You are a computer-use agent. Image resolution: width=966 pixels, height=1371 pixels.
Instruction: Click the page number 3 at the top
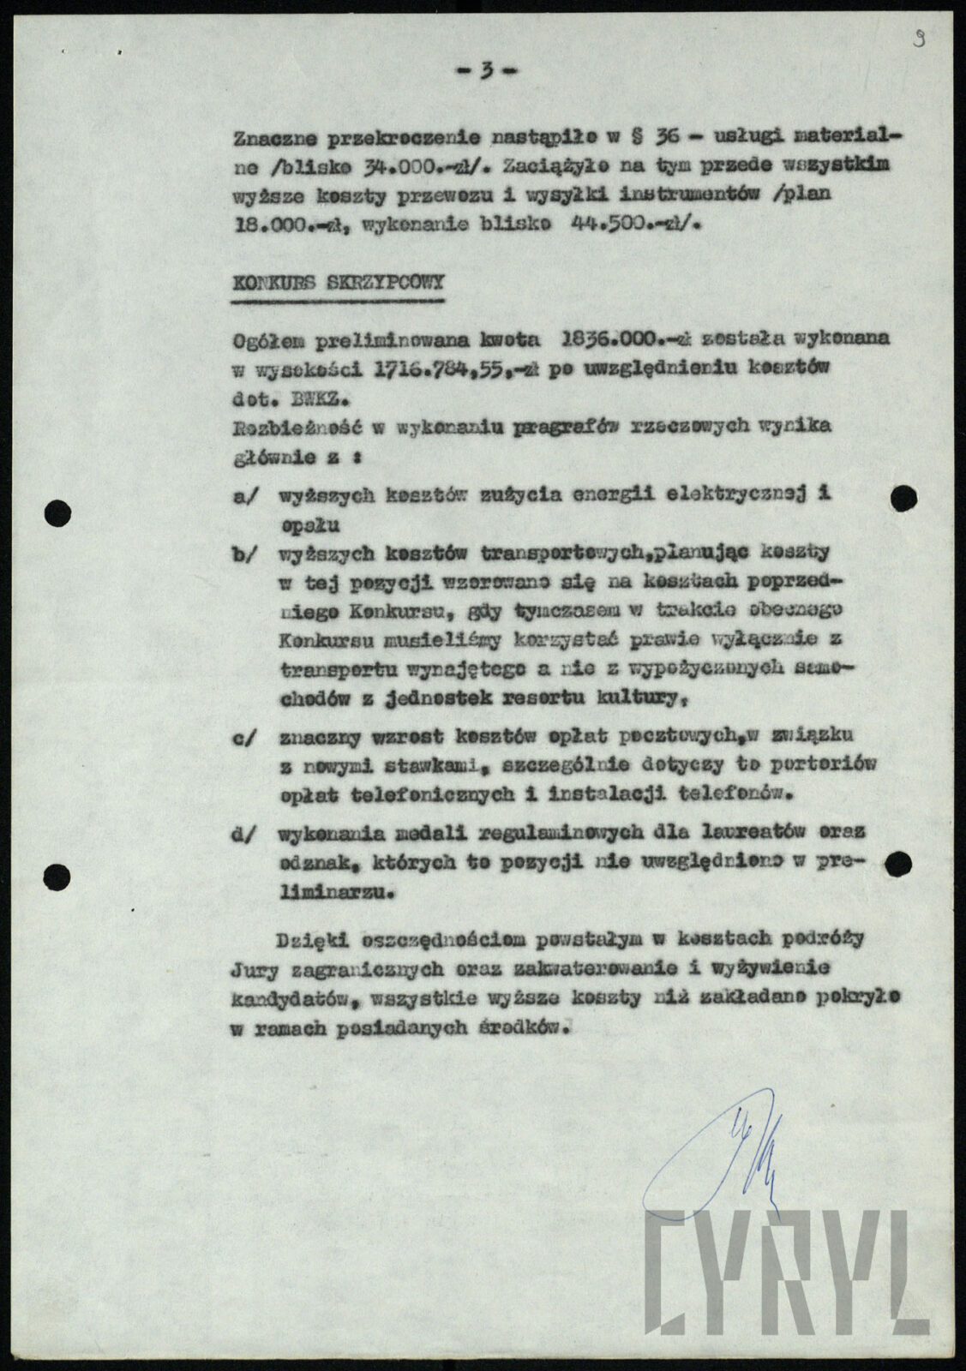point(486,72)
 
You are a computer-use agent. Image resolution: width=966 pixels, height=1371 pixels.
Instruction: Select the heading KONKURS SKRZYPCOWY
point(338,284)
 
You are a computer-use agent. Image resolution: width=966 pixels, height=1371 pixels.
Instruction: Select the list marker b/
point(244,554)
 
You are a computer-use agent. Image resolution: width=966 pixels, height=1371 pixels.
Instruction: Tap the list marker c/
point(244,734)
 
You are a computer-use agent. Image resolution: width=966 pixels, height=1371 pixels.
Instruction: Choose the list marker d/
point(244,832)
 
